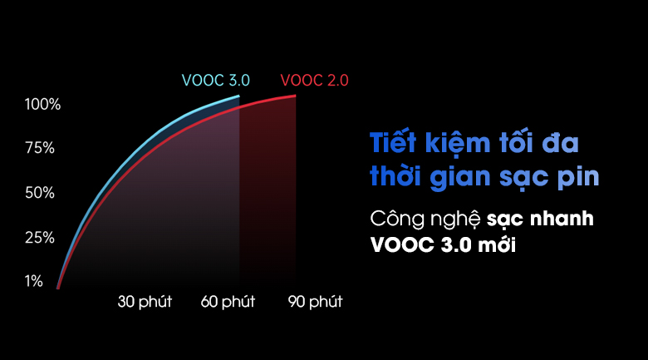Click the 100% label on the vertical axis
[43, 105]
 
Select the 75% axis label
[41, 148]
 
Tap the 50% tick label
[41, 193]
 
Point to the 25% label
[41, 238]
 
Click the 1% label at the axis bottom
[34, 281]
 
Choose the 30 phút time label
[145, 301]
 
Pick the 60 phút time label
[228, 301]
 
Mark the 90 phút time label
[315, 301]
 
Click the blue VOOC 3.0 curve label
[215, 81]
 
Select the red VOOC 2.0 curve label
[315, 81]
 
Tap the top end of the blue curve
[238, 97]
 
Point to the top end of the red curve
[295, 96]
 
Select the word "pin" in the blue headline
[578, 179]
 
